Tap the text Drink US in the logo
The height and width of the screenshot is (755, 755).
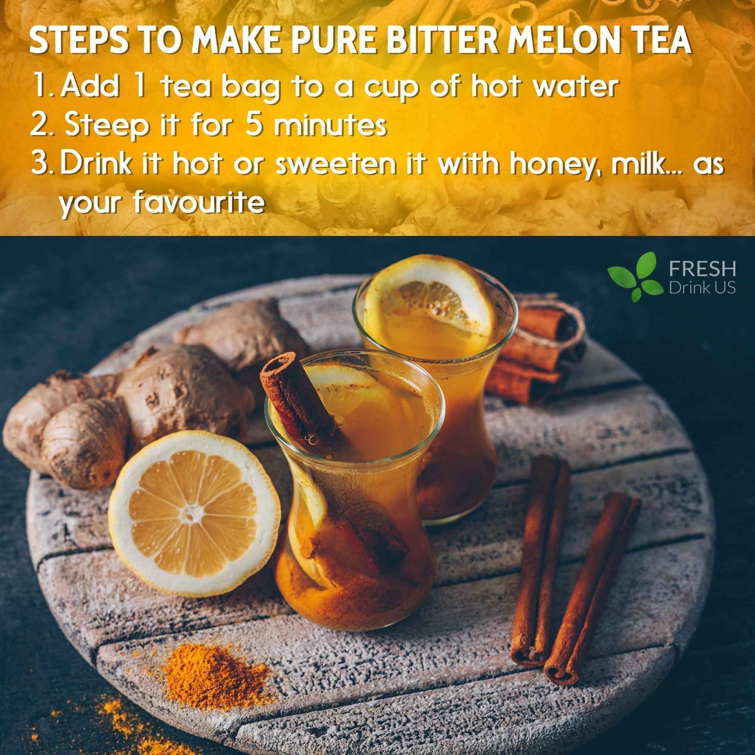702,288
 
